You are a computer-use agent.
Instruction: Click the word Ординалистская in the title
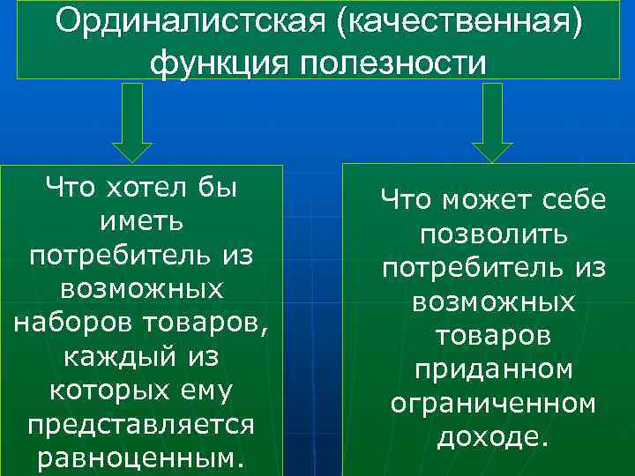[176, 23]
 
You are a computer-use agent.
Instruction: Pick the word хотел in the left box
[140, 187]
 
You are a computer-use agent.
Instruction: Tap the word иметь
[141, 220]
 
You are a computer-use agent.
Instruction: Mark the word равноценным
[141, 459]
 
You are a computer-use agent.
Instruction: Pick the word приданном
[493, 370]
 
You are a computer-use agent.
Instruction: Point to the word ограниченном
[493, 404]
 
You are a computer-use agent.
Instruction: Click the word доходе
[493, 437]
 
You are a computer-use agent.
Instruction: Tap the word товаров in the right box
[493, 336]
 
